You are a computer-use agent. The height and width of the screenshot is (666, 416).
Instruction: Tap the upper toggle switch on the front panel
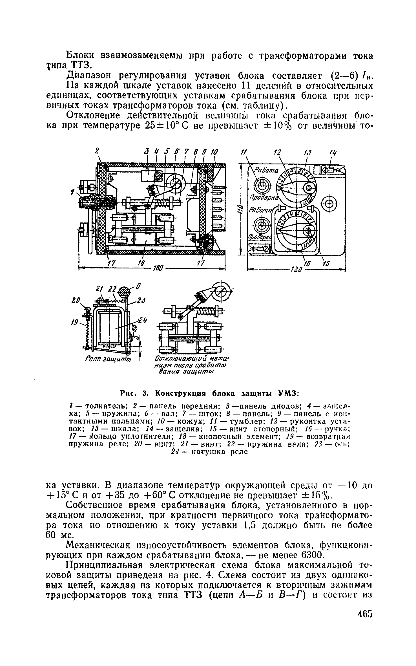click(261, 186)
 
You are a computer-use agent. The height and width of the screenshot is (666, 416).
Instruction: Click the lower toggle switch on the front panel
click(261, 224)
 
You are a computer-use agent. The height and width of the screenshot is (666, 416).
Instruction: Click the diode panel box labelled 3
click(148, 175)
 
